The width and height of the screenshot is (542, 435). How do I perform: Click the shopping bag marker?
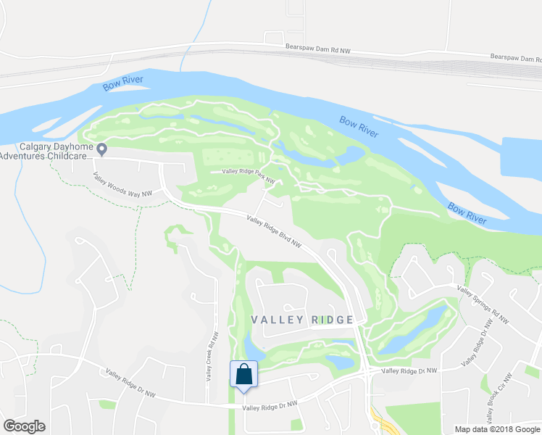click(244, 375)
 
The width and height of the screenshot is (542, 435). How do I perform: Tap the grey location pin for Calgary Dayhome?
click(102, 149)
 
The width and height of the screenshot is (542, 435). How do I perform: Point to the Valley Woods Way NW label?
click(122, 184)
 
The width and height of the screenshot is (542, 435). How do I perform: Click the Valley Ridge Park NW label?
click(249, 174)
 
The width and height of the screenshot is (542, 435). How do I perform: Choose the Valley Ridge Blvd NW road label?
click(273, 231)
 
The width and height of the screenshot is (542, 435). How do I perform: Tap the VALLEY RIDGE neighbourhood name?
click(302, 320)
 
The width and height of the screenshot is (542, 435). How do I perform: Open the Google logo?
click(24, 426)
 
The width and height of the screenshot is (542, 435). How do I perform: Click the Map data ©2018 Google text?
click(497, 429)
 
